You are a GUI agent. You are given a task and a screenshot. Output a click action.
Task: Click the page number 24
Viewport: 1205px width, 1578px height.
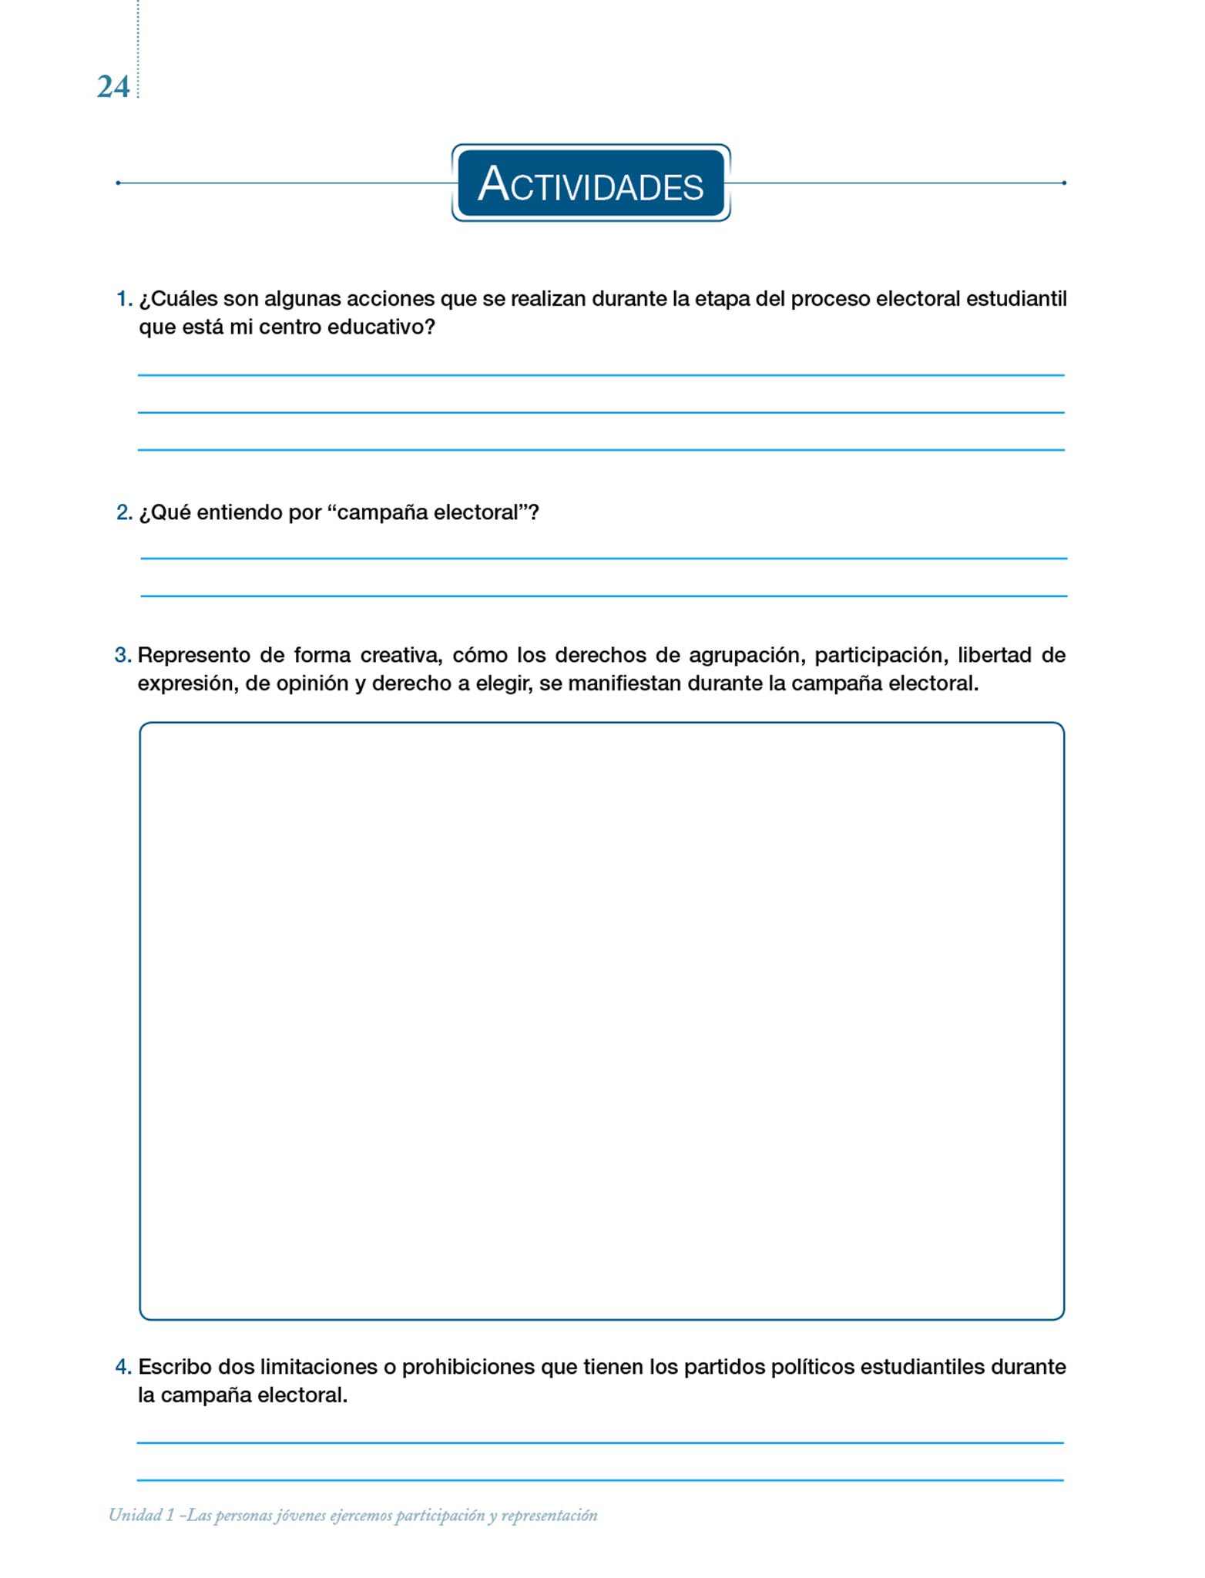tap(113, 87)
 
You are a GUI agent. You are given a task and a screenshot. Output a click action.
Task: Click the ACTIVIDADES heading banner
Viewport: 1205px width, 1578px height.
tap(590, 183)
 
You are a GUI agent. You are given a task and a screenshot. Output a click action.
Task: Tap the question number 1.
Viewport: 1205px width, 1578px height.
tap(123, 299)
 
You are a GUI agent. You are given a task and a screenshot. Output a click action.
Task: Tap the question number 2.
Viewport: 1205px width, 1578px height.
tap(123, 512)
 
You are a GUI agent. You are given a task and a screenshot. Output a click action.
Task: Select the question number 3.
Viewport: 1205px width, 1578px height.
tap(123, 655)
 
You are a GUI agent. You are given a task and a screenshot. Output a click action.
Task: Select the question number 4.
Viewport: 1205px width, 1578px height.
tap(123, 1367)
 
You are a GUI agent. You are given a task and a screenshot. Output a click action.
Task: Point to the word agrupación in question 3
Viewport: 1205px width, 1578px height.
tap(746, 656)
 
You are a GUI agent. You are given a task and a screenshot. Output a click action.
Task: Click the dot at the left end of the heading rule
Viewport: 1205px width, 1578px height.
tap(118, 183)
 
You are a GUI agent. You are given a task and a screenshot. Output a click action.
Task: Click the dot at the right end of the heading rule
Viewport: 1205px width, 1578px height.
tap(1064, 183)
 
